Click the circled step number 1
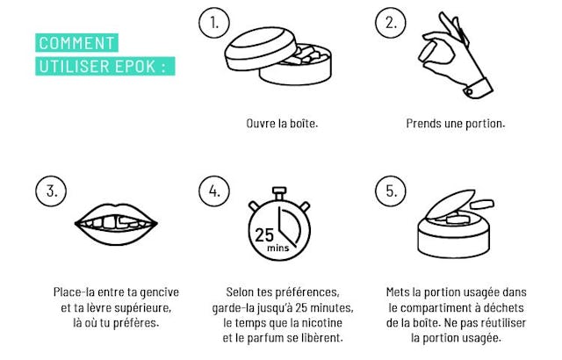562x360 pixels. [x=214, y=23]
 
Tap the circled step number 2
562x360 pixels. [x=390, y=23]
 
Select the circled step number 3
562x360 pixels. [x=51, y=191]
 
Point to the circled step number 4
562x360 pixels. [x=214, y=191]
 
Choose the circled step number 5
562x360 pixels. [x=390, y=191]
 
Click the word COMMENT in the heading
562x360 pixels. [x=76, y=43]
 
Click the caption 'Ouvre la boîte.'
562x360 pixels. [x=282, y=124]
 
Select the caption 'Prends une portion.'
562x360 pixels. [x=456, y=124]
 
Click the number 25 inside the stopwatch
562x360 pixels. [x=264, y=235]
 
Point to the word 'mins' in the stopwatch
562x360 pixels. [x=277, y=248]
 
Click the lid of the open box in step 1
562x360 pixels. [x=260, y=48]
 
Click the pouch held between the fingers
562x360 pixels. [x=429, y=52]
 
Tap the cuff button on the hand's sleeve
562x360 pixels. [x=469, y=92]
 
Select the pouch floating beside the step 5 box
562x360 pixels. [x=482, y=205]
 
